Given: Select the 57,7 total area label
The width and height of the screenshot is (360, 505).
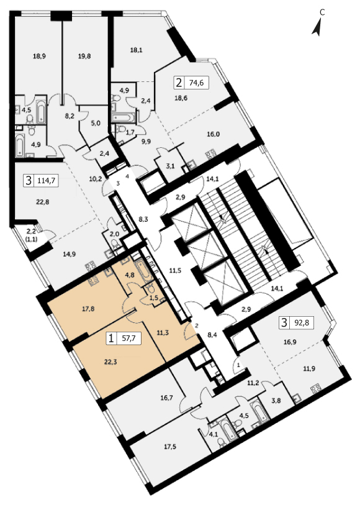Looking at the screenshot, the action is tap(128, 339).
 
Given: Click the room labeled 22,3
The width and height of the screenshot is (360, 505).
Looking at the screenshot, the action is tap(110, 362).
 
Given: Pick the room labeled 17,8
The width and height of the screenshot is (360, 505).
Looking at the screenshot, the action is tap(88, 309).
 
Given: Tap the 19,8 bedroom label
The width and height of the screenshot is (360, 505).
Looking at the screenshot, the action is tap(84, 56).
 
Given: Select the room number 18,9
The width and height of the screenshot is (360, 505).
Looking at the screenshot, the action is tap(39, 56).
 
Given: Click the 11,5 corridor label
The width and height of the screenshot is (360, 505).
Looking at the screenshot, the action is tap(175, 271).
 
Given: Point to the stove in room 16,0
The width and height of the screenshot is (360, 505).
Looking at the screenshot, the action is tap(211, 154).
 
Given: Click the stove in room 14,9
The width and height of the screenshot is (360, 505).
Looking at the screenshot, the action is tap(90, 267).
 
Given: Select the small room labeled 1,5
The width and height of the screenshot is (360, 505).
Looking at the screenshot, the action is tap(154, 298).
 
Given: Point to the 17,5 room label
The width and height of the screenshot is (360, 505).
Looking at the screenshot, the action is tap(170, 447).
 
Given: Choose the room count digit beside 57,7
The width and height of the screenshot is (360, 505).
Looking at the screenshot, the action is tap(111, 339).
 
